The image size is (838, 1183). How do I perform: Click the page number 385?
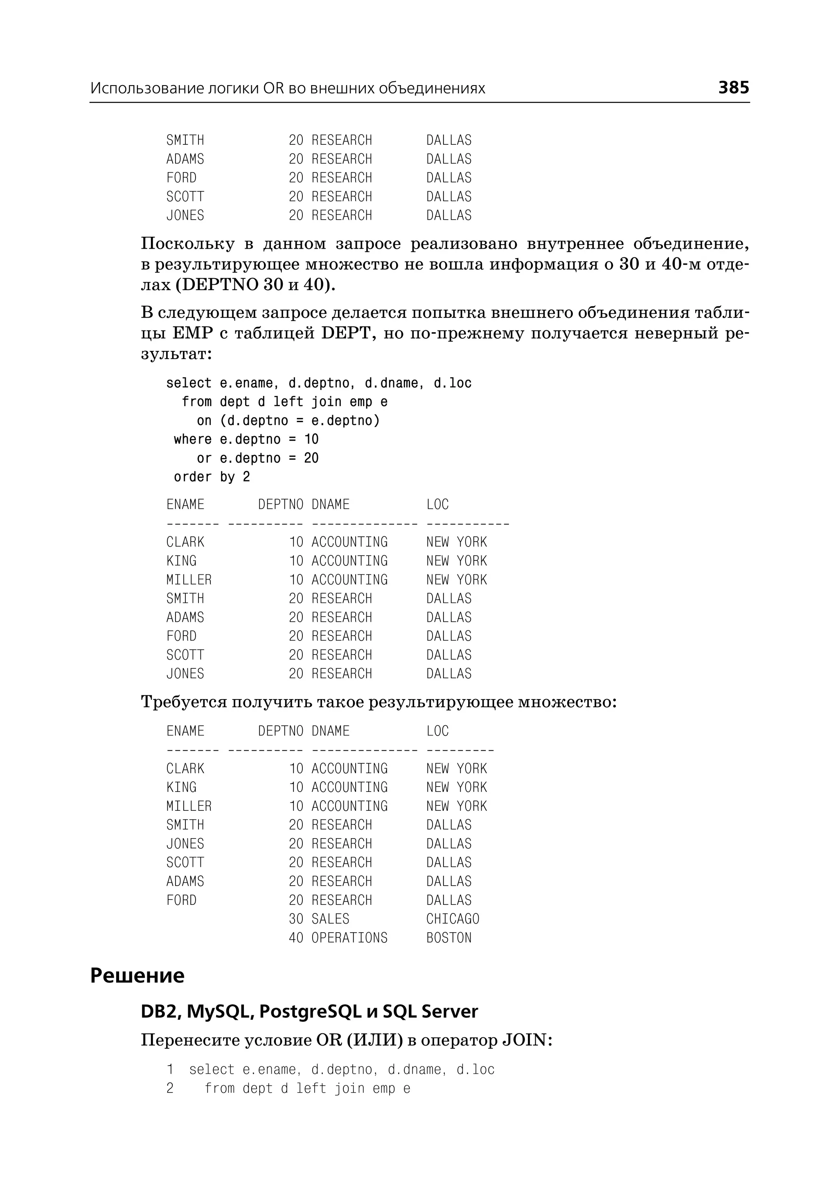733,87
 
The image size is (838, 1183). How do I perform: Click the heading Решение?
137,976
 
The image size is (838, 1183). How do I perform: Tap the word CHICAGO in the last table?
453,919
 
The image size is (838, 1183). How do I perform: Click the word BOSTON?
448,938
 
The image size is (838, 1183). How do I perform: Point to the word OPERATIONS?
349,938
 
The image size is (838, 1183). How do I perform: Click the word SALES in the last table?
330,919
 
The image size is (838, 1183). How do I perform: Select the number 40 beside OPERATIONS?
296,938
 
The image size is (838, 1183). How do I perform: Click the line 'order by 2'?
212,477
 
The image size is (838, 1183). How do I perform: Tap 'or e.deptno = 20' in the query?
257,458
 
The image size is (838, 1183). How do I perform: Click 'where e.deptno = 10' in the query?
246,440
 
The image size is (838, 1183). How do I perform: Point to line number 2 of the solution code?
170,1089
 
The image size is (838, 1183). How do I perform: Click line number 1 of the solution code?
170,1070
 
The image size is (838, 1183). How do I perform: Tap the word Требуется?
184,703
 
